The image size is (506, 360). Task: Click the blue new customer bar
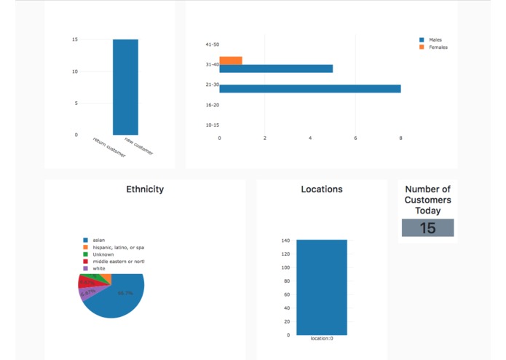[x=125, y=87]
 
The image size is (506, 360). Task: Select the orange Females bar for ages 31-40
[x=231, y=60]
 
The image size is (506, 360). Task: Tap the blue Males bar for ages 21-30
[x=309, y=89]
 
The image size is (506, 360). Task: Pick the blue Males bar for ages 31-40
[x=276, y=69]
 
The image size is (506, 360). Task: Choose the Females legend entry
[x=438, y=47]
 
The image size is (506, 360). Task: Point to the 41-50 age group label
[x=212, y=44]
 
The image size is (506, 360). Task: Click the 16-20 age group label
[x=212, y=105]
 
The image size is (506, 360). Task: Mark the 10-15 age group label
[x=212, y=125]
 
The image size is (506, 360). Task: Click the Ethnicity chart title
[x=145, y=189]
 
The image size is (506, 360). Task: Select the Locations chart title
[x=322, y=189]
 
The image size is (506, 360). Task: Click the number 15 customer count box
[x=427, y=228]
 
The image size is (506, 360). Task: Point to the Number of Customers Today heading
[x=427, y=200]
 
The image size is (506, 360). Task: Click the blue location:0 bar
[x=321, y=287]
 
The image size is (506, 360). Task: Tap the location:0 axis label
[x=321, y=339]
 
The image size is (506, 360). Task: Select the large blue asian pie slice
[x=120, y=299]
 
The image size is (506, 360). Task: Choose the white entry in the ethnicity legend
[x=98, y=268]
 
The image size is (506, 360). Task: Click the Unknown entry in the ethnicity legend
[x=103, y=254]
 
